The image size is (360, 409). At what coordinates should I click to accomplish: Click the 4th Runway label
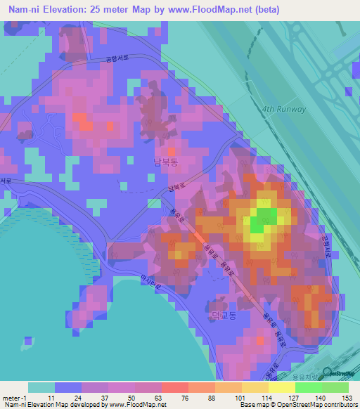[283, 109]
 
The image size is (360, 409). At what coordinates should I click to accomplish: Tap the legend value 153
[346, 397]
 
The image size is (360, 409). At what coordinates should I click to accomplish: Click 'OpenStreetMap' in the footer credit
[287, 405]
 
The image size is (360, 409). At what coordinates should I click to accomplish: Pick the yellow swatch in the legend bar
[255, 387]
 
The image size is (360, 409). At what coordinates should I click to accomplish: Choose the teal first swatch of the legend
[41, 387]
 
